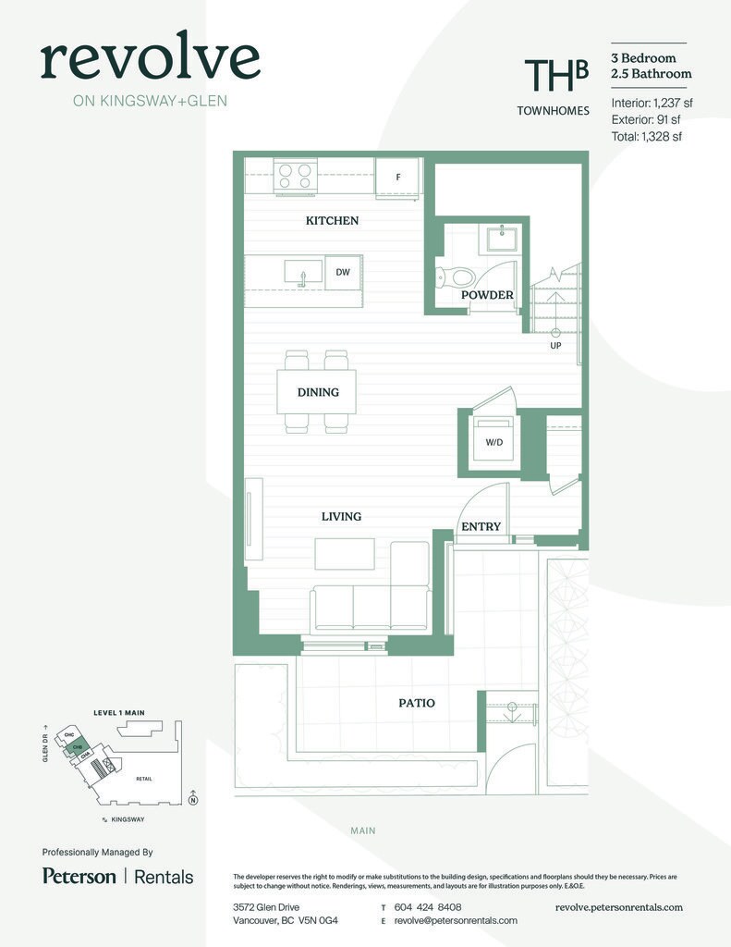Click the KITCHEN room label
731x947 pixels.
(x=332, y=221)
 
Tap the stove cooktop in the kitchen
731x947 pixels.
(x=296, y=176)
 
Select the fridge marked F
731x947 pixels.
(x=398, y=177)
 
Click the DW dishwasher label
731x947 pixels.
(x=342, y=272)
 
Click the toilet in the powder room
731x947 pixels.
(x=456, y=277)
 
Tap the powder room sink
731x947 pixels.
(x=503, y=239)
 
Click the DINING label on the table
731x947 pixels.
(x=317, y=392)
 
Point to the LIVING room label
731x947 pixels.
(x=341, y=516)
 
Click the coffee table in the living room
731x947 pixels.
(x=344, y=554)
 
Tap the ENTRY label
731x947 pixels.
(x=481, y=527)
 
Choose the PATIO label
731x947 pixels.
(x=417, y=703)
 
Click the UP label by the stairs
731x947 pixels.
(x=555, y=346)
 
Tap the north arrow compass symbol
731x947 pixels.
(x=192, y=799)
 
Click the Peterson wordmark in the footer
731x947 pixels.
(x=79, y=876)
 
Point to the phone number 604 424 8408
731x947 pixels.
(x=427, y=907)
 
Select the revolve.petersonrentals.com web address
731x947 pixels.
(x=618, y=907)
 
